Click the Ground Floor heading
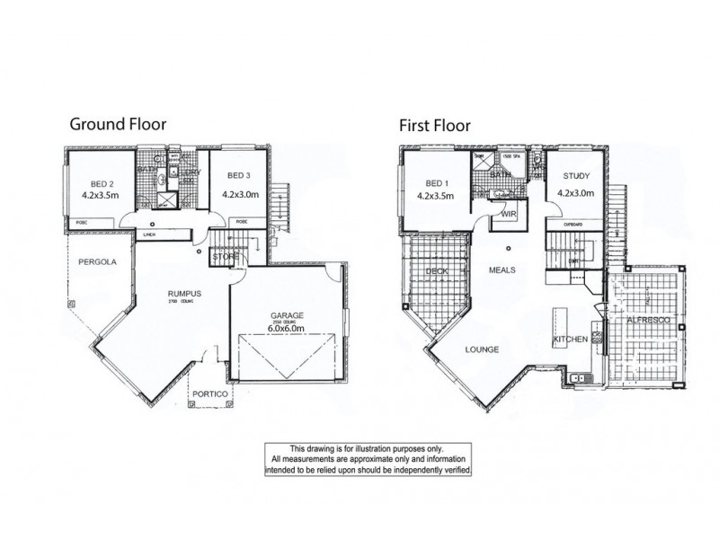click(118, 124)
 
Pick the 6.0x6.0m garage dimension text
click(288, 329)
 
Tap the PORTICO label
click(209, 393)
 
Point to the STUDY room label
click(574, 177)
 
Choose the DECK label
click(438, 270)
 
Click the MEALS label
click(502, 269)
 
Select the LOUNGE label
click(483, 349)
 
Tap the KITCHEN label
click(572, 339)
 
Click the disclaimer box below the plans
click(366, 459)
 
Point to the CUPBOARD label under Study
click(573, 224)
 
